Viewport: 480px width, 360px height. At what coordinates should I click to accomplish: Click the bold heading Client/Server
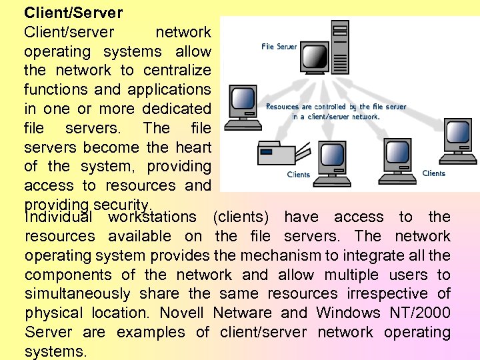click(x=73, y=12)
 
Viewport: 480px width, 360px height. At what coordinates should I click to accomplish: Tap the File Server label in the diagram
click(x=279, y=47)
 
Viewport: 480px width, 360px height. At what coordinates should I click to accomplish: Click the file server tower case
click(x=339, y=47)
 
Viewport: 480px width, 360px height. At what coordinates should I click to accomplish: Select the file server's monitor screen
click(x=315, y=59)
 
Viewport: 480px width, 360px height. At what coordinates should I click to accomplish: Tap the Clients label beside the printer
click(x=298, y=175)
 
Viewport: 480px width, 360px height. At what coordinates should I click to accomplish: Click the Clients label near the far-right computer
click(x=433, y=173)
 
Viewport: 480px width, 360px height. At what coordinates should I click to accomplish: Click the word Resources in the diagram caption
click(x=282, y=107)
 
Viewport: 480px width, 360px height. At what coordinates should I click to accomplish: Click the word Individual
click(x=58, y=217)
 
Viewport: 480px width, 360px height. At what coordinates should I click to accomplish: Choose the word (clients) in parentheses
click(x=241, y=217)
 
